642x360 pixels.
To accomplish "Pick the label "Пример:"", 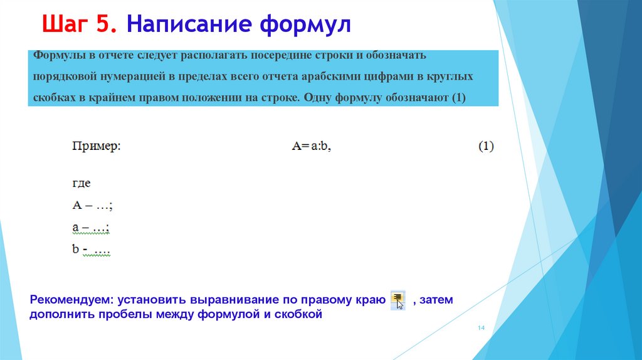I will tap(96, 146).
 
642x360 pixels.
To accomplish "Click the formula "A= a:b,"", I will tap(312, 146).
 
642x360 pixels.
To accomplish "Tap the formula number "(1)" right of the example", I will tap(487, 146).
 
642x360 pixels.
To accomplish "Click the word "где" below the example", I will tap(82, 184).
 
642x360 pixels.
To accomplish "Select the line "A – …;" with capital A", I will tap(92, 205).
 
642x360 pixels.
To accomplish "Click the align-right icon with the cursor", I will tap(397, 300).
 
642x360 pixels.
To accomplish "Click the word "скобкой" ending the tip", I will tap(298, 315).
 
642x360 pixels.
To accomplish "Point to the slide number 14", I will tap(482, 329).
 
